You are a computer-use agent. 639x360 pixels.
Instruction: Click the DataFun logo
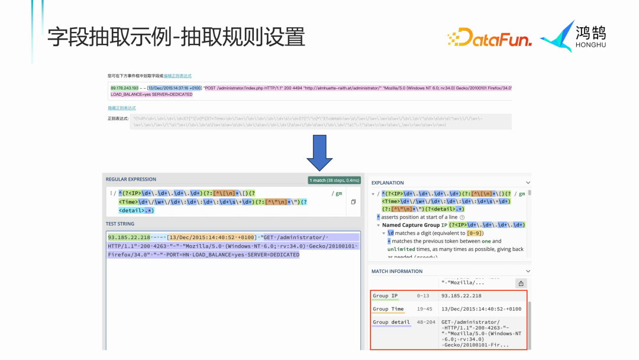[489, 38]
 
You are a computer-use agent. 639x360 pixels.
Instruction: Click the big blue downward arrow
[319, 153]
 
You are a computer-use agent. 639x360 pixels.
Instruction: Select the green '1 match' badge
[335, 179]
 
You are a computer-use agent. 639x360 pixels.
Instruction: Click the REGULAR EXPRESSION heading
[131, 179]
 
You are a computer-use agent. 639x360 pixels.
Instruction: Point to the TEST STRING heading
[120, 224]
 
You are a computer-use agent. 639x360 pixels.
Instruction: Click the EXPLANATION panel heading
[388, 183]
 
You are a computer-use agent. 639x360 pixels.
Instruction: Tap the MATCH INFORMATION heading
[397, 271]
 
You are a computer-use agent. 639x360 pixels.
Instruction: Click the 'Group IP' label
[385, 295]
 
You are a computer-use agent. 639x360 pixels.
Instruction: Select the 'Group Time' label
[388, 309]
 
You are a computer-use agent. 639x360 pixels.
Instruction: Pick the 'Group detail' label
[391, 322]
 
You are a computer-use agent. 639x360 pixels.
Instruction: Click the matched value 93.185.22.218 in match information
[461, 295]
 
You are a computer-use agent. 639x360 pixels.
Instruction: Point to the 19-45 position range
[424, 309]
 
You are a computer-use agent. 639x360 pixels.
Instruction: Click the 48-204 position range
[426, 322]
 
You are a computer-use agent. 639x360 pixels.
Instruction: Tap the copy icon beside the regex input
[353, 202]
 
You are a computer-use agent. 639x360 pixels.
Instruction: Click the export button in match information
[521, 284]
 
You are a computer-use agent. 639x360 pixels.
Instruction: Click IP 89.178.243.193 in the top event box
[124, 88]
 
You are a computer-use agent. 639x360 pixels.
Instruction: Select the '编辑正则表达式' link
[177, 76]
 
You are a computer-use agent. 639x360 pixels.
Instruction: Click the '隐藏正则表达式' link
[121, 108]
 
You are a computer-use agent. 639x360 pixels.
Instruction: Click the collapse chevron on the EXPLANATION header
[528, 183]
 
